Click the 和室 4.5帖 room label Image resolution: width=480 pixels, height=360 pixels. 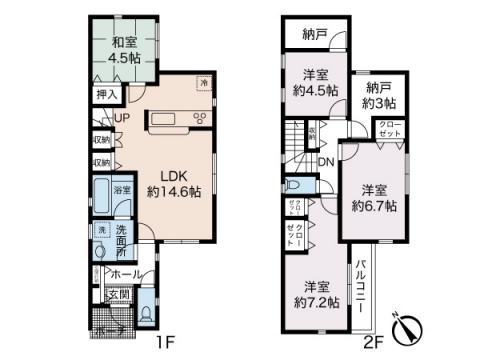coord(124,50)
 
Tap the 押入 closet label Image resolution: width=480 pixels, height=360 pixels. coord(106,96)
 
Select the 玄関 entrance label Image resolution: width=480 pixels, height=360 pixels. coord(118,293)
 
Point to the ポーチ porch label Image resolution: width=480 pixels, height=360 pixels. coord(109,331)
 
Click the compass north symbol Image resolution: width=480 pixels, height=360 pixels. coord(412,327)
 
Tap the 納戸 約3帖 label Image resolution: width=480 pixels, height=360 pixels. coord(379,96)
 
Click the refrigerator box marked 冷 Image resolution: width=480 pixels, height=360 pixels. coord(204,84)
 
